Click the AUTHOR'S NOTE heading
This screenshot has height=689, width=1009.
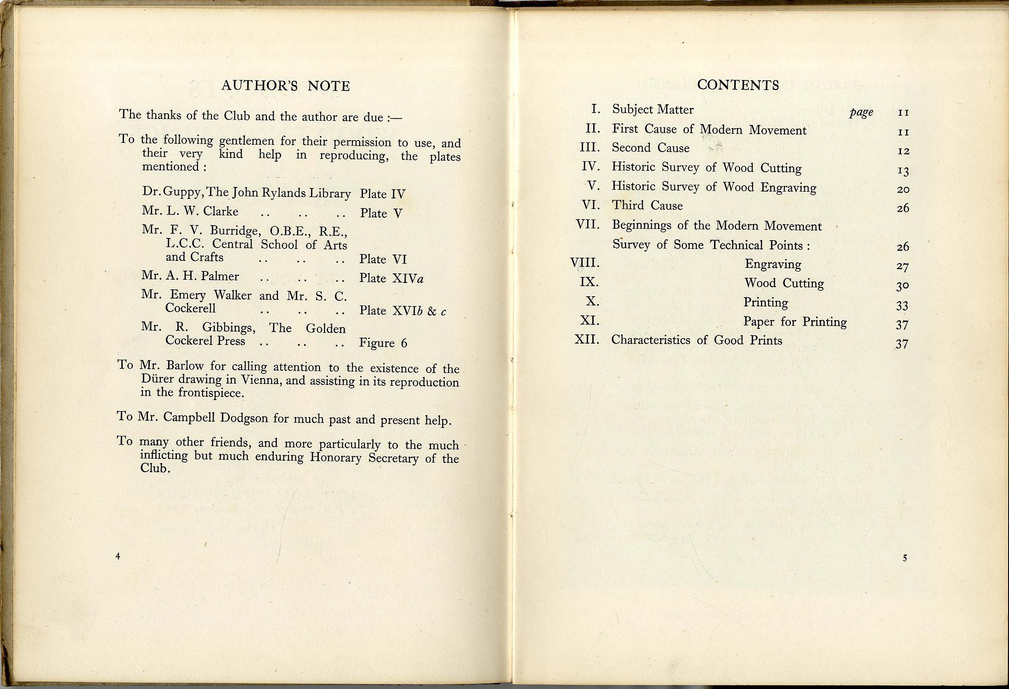tap(285, 86)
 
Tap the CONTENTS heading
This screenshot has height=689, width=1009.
tap(738, 85)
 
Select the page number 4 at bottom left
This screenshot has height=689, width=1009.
tap(118, 556)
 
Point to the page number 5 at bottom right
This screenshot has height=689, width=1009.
tap(905, 558)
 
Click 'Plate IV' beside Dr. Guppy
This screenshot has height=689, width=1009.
tap(382, 194)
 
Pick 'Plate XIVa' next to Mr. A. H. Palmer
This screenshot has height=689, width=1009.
tap(391, 278)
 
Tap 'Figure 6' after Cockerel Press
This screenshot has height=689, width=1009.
tap(383, 343)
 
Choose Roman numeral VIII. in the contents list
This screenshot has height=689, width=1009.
tap(585, 263)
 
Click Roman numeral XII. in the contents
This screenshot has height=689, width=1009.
tap(587, 340)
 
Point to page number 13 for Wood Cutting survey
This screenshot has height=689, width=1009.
tap(903, 171)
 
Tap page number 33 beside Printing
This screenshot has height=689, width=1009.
tap(902, 305)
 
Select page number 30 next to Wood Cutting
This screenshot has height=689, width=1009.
tap(902, 285)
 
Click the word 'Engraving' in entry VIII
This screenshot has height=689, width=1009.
tap(773, 265)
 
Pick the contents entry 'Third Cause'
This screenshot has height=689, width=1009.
tap(647, 205)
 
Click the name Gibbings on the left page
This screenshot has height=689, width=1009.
tap(228, 328)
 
